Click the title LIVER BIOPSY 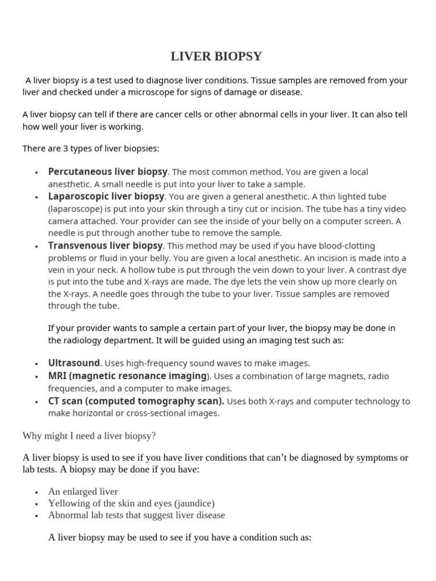[217, 57]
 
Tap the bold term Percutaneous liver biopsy [108, 171]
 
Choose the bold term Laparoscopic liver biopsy [106, 196]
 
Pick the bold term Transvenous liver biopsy [106, 246]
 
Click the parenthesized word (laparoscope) [73, 209]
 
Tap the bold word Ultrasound [74, 363]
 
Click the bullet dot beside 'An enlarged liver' [36, 492]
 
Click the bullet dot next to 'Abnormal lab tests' [36, 516]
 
